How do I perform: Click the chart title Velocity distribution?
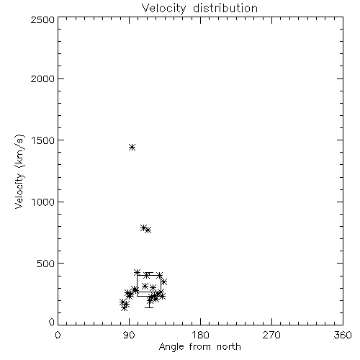coord(199,8)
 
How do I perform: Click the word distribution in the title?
coord(225,8)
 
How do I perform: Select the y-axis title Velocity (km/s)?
coord(19,171)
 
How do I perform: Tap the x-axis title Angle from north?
coord(199,346)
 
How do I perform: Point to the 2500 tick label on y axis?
coord(42,19)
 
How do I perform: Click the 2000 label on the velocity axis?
coord(42,78)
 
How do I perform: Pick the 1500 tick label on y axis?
coord(43,140)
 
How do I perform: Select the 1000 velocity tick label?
coord(43,202)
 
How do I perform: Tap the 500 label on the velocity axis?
coord(46,264)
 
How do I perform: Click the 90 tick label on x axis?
coord(129,335)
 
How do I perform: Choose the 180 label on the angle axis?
coord(200,335)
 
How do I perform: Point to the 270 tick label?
coord(271,335)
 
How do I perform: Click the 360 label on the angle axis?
coord(343,335)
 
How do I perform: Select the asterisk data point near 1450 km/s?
coord(132,147)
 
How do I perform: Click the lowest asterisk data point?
coord(124,308)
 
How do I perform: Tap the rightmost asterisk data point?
coord(164,282)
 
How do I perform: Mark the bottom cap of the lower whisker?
coord(149,307)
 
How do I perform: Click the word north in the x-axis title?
coord(229,346)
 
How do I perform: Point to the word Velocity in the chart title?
coord(163,9)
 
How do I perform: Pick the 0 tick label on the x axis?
coord(58,335)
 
